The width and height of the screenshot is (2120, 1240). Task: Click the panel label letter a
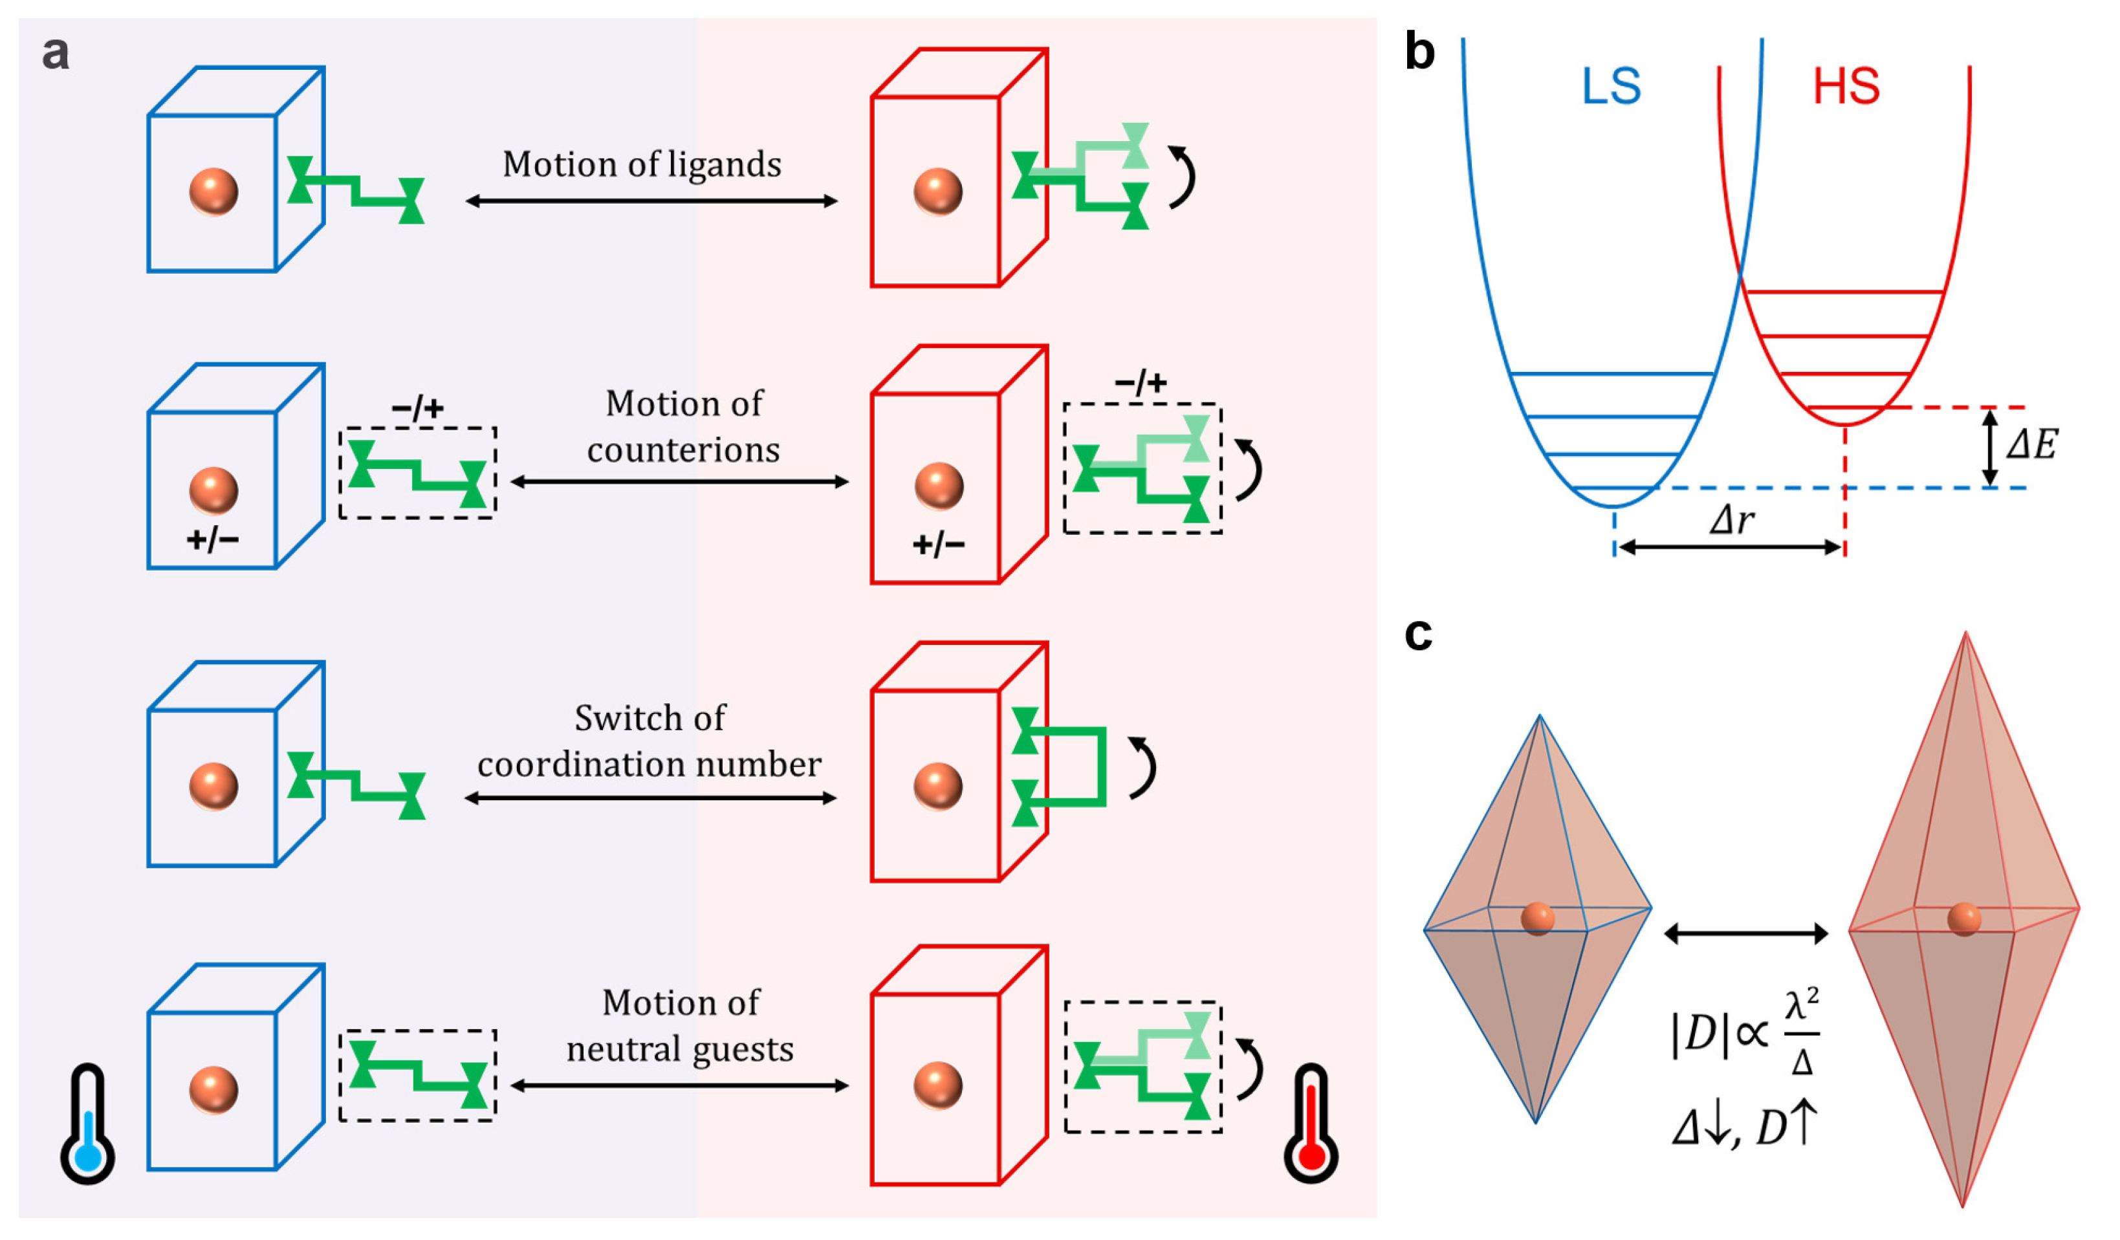(56, 53)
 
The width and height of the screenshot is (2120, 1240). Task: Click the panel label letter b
(1419, 52)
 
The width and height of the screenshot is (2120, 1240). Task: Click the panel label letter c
(1417, 635)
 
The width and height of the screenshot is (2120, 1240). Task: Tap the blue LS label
(1610, 87)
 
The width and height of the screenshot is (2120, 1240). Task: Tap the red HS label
(1845, 87)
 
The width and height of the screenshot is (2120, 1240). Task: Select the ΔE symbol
(2031, 444)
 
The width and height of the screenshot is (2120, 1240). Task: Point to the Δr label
(1731, 521)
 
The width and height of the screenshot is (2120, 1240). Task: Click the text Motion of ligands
(641, 165)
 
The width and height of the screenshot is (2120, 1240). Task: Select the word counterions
(683, 450)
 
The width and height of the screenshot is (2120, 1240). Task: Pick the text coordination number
(649, 765)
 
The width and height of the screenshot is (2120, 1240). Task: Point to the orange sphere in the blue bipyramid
(1537, 919)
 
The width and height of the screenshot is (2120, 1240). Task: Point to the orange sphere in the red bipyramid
(1963, 919)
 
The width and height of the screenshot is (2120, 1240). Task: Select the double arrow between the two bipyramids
(1745, 933)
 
